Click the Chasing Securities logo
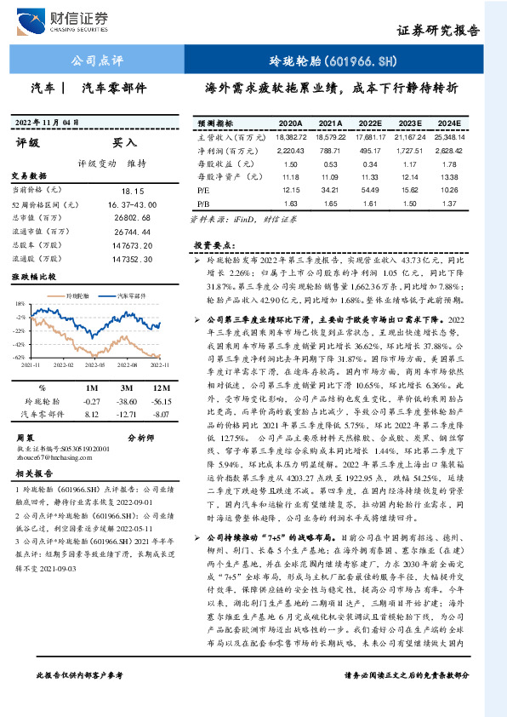click(65, 20)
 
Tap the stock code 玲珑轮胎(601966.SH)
click(345, 61)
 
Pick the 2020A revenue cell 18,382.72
click(291, 135)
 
